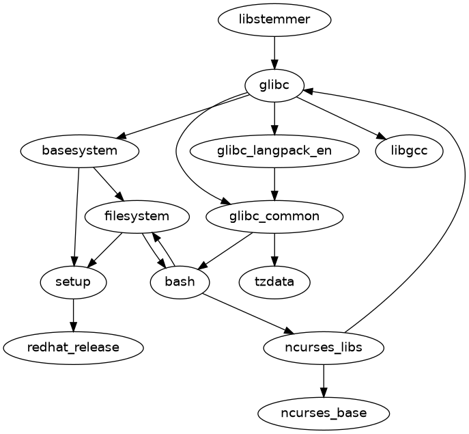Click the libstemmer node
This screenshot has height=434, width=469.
(x=274, y=19)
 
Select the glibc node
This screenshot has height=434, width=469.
(x=274, y=85)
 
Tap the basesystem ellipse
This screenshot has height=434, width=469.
(x=81, y=150)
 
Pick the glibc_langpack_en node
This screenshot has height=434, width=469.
(x=274, y=150)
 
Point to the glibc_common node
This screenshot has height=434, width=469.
(x=274, y=217)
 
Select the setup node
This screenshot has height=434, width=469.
(x=73, y=282)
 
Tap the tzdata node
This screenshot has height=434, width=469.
(x=274, y=282)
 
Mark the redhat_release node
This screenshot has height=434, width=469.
(x=73, y=347)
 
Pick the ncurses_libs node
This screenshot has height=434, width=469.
(x=324, y=347)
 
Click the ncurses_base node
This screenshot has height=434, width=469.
(x=324, y=413)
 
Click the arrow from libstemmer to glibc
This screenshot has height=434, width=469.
(x=274, y=52)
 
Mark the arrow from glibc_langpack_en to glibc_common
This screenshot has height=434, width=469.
(x=274, y=183)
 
